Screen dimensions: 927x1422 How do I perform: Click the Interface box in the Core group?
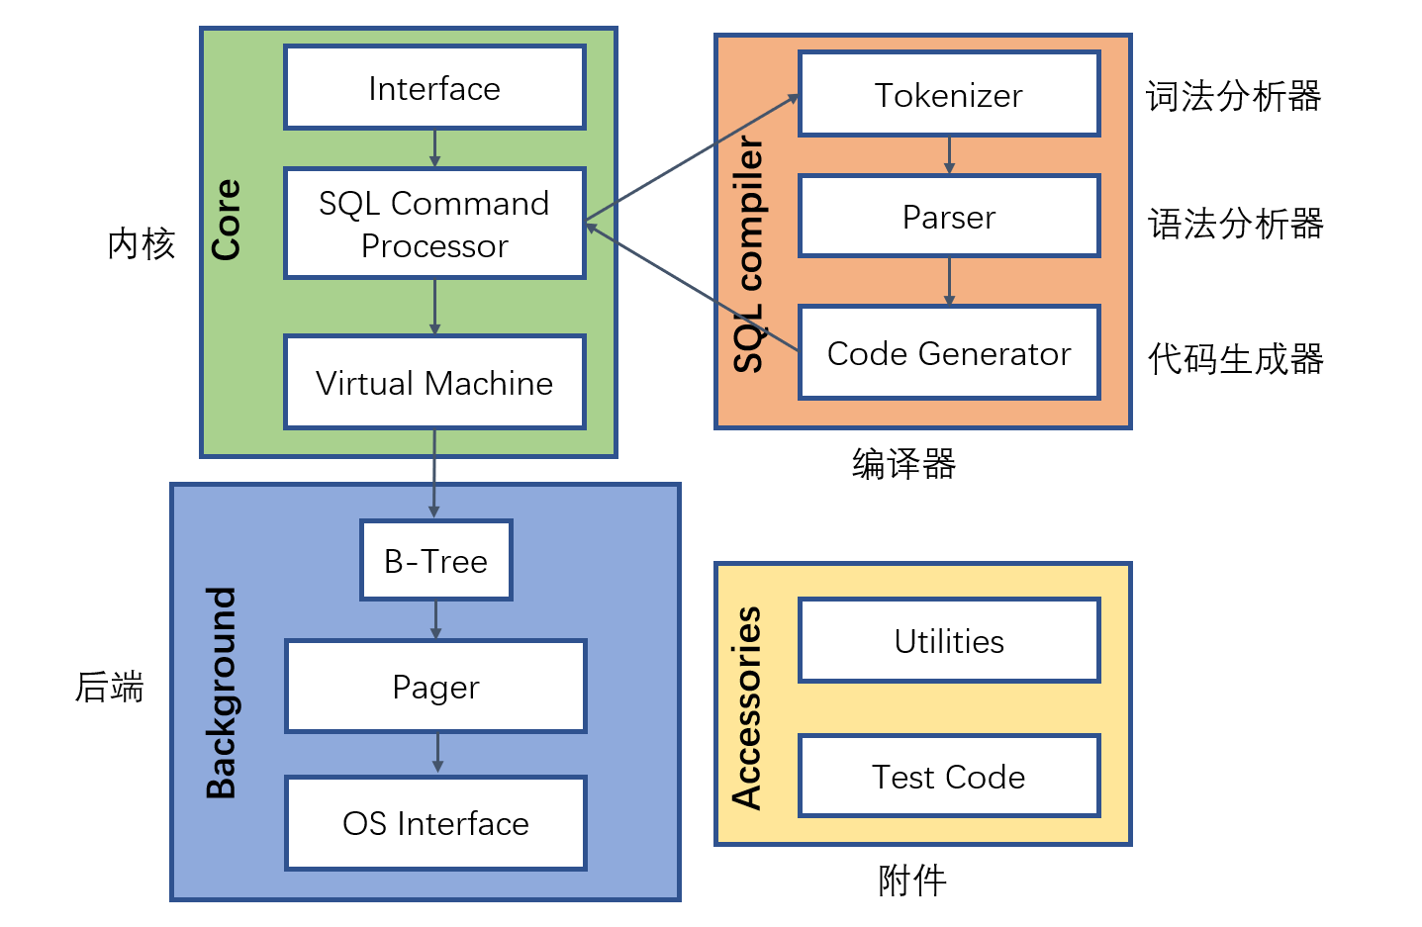pyautogui.click(x=434, y=88)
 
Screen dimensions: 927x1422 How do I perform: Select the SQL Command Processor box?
pyautogui.click(x=434, y=224)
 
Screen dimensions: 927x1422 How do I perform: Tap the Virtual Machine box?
pyautogui.click(x=434, y=383)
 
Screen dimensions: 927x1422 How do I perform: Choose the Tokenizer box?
pyautogui.click(x=949, y=95)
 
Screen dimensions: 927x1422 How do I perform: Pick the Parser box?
pyautogui.click(x=949, y=217)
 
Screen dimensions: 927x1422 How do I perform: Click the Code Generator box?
pyautogui.click(x=949, y=353)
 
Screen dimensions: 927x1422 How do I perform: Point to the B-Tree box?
pyautogui.click(x=435, y=561)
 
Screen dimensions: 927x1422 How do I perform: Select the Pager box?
pyautogui.click(x=435, y=687)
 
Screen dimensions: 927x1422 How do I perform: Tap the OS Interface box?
pyautogui.click(x=435, y=823)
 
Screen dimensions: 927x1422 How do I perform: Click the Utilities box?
pyautogui.click(x=949, y=641)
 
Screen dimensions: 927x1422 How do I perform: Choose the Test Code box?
pyautogui.click(x=949, y=777)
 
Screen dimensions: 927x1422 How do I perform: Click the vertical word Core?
pyautogui.click(x=227, y=220)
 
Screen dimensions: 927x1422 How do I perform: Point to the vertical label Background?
pyautogui.click(x=222, y=693)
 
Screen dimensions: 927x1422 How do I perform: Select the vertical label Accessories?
pyautogui.click(x=747, y=708)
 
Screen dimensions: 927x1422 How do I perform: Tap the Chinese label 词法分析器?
pyautogui.click(x=1234, y=96)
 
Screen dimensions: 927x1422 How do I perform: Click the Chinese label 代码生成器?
pyautogui.click(x=1236, y=359)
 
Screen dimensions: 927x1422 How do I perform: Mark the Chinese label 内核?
pyautogui.click(x=142, y=243)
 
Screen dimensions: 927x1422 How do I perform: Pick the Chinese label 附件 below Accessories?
pyautogui.click(x=912, y=880)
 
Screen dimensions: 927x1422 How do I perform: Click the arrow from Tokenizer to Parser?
pyautogui.click(x=949, y=155)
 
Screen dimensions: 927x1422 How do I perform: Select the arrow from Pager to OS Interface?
pyautogui.click(x=437, y=754)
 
